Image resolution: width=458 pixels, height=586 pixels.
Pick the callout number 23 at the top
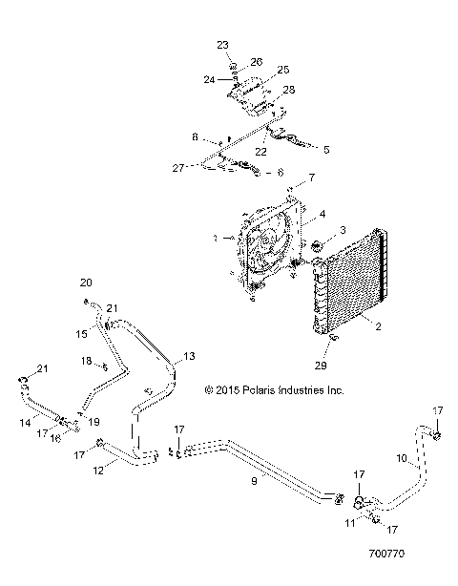tap(222, 45)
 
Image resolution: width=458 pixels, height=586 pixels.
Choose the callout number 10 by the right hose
tap(403, 459)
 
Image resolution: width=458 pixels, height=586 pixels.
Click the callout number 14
tap(23, 421)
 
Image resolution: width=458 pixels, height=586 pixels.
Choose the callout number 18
tap(87, 361)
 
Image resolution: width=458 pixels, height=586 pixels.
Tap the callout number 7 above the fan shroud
tap(310, 178)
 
